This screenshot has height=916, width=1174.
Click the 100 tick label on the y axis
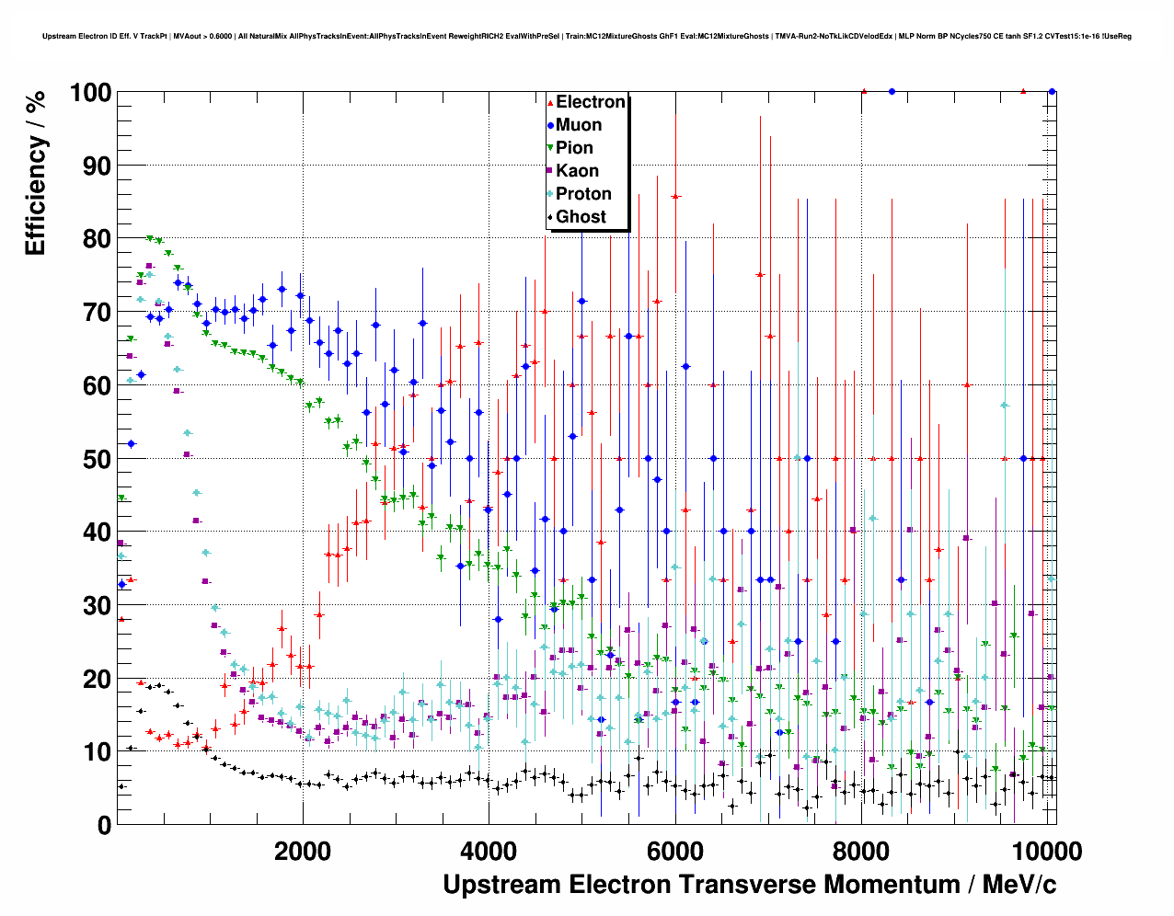pos(90,93)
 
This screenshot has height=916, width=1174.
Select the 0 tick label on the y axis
pos(104,825)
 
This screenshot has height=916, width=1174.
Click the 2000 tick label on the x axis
pos(303,851)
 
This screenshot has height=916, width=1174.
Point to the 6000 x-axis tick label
pos(675,851)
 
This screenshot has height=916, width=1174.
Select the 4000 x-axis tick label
pos(489,851)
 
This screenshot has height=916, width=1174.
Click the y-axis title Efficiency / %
pos(35,173)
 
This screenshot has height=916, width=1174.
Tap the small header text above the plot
pos(587,37)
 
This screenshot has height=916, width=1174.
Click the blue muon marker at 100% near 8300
pos(892,91)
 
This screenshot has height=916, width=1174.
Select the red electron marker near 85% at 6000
pos(675,196)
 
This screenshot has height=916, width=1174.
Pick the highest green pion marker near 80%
pos(149,238)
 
